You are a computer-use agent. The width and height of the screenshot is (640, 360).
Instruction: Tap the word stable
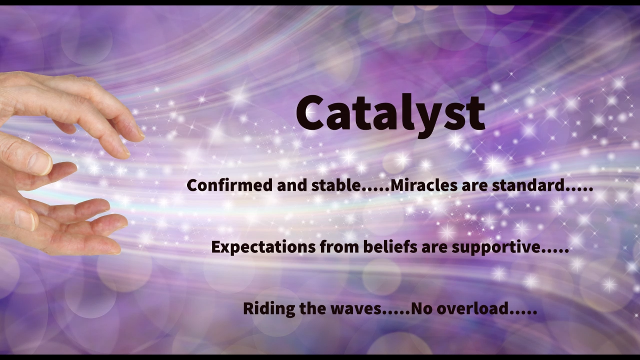click(336, 185)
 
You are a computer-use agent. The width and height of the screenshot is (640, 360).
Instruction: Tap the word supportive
click(496, 247)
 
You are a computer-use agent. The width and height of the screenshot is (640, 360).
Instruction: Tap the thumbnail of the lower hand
click(24, 220)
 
